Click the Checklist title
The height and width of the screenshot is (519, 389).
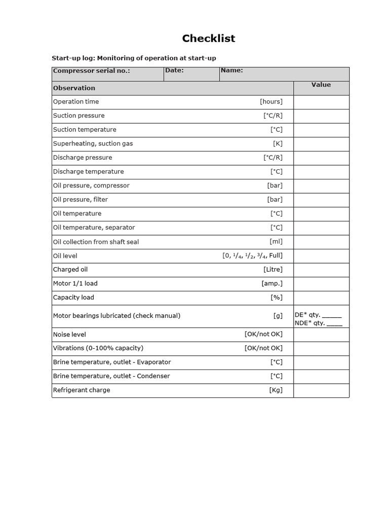click(209, 39)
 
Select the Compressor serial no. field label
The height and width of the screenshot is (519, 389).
click(92, 71)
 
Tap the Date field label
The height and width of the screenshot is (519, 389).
click(174, 70)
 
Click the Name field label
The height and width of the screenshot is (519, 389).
click(232, 70)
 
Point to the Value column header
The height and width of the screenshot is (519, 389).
click(321, 85)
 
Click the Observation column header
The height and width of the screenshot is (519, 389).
click(74, 88)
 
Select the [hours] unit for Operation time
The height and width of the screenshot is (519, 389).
click(271, 101)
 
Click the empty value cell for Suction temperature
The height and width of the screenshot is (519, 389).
click(321, 130)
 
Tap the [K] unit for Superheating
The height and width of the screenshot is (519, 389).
click(278, 143)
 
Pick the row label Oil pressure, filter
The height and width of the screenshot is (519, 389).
click(81, 200)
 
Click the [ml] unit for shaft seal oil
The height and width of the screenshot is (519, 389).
click(276, 242)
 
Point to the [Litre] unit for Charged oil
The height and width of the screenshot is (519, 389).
click(273, 270)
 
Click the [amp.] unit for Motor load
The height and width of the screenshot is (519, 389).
click(272, 284)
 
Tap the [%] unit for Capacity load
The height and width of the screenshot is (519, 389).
click(277, 298)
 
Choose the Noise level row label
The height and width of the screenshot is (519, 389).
click(70, 335)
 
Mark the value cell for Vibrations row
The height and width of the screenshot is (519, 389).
click(321, 348)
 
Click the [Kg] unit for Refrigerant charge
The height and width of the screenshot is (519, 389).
click(276, 390)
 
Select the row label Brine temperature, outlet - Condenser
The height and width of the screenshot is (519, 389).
click(111, 376)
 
